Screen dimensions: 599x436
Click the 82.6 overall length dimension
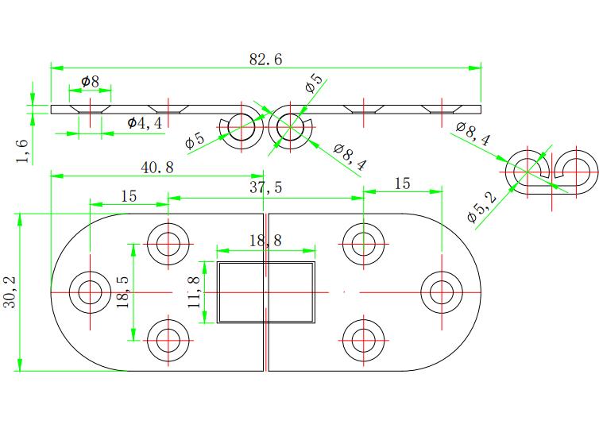tap(266, 60)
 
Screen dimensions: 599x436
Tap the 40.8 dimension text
tap(157, 168)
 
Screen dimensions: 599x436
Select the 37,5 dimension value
tap(266, 187)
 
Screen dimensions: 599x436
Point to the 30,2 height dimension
tap(10, 291)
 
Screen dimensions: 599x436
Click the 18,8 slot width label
tap(266, 241)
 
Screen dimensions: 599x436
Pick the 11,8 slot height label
tap(194, 292)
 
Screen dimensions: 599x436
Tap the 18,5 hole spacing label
tap(123, 292)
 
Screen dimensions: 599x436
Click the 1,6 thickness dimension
tap(22, 151)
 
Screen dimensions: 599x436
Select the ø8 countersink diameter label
tap(90, 81)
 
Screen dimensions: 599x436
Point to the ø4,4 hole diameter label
tap(145, 122)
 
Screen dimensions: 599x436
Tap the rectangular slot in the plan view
tap(266, 292)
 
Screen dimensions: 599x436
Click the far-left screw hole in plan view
tap(90, 292)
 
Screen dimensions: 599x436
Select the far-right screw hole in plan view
tap(442, 292)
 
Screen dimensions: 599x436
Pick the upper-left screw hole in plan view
tap(168, 244)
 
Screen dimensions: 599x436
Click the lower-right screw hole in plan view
tap(363, 340)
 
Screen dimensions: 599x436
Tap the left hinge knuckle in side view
tap(242, 127)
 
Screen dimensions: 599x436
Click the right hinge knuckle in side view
tap(290, 127)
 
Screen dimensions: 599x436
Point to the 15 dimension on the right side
tap(402, 183)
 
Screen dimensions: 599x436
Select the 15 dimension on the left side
tap(129, 196)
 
